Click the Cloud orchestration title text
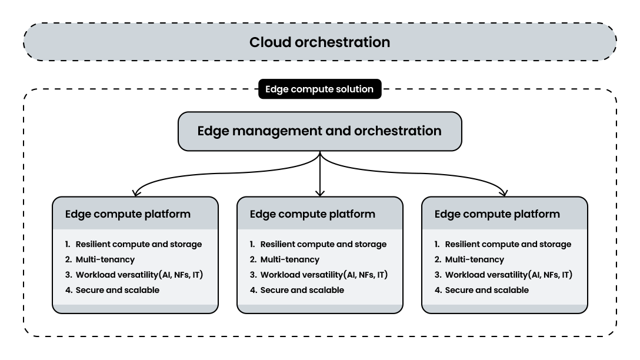(319, 42)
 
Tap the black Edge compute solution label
(319, 89)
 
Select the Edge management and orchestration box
(319, 131)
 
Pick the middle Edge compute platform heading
(312, 214)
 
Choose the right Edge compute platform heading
(497, 214)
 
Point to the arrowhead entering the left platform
(136, 192)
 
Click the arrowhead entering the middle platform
(319, 192)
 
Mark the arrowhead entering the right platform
(504, 192)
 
